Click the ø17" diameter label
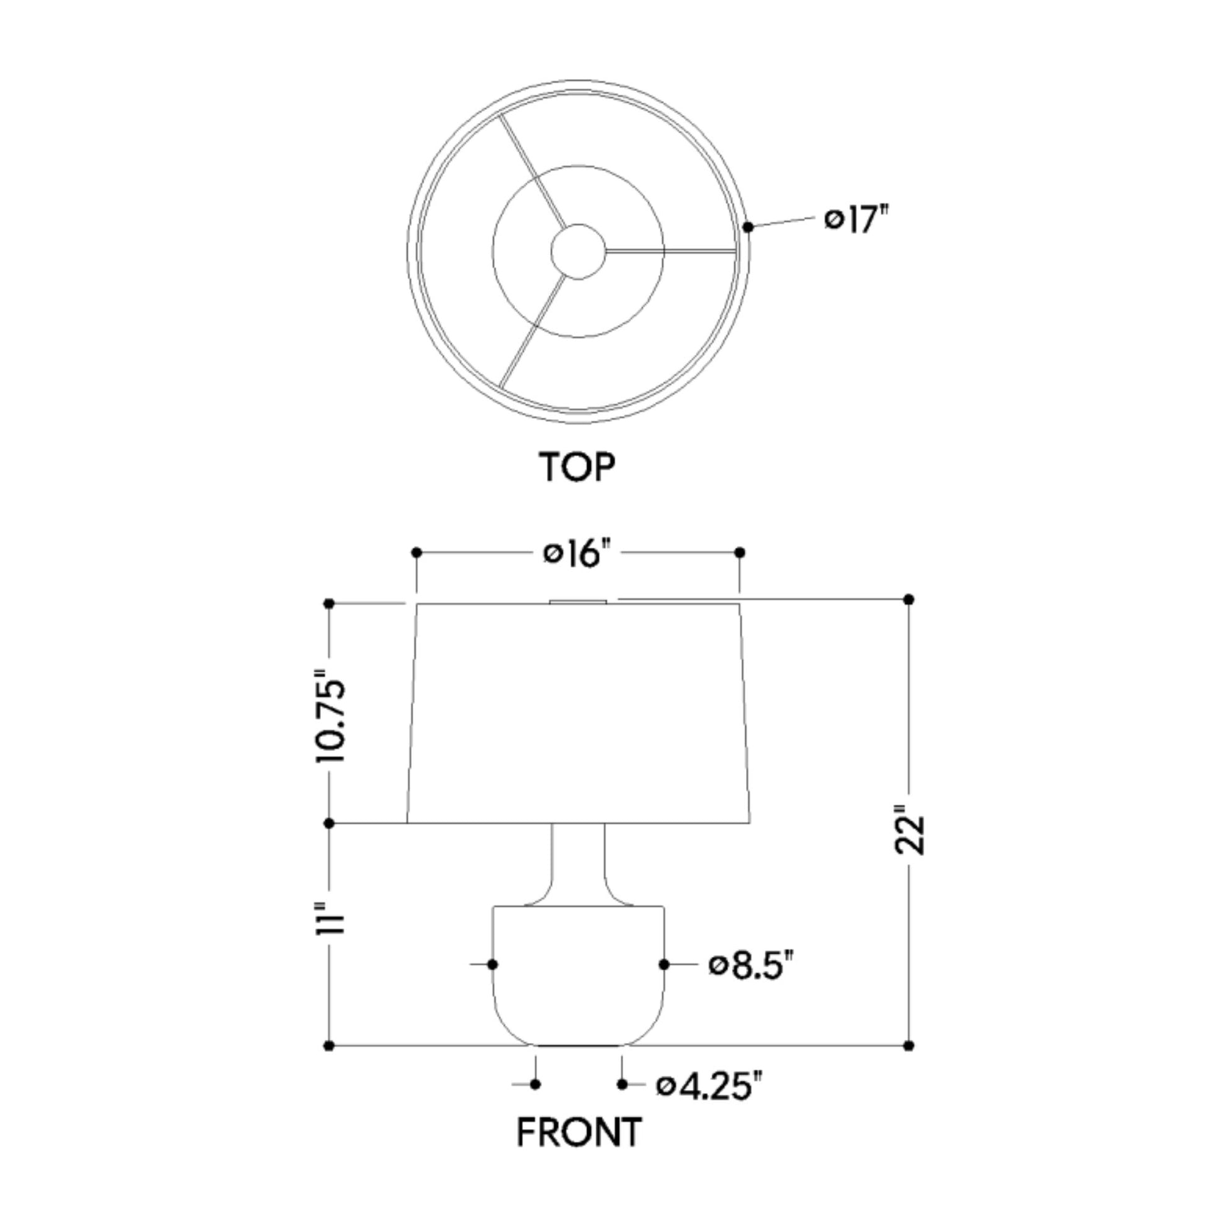tap(857, 220)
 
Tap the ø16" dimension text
tap(578, 554)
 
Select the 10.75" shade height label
tap(331, 720)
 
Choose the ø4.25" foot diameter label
tap(710, 1086)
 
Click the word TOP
tap(577, 467)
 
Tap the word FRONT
tap(580, 1150)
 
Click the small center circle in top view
tap(578, 251)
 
